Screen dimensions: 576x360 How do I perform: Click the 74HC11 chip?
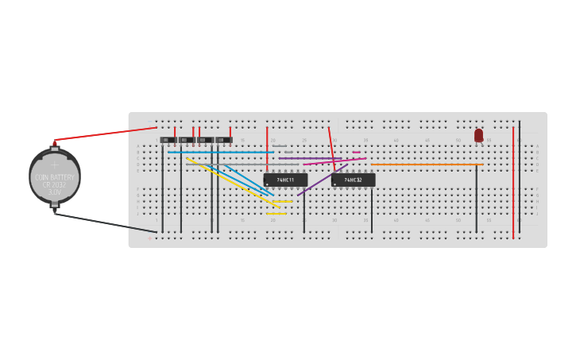pos(285,180)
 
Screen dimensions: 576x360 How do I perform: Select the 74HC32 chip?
pos(353,180)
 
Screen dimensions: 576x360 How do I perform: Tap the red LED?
pos(478,136)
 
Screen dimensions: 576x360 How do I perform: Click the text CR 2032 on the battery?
pos(54,184)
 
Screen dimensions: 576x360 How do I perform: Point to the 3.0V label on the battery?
pos(54,192)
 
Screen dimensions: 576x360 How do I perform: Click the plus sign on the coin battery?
pos(54,165)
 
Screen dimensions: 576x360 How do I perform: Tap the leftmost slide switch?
pos(168,140)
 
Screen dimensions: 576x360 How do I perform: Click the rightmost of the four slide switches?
pos(224,140)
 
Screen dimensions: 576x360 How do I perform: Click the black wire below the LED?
pos(477,199)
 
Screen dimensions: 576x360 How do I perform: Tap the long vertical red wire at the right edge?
pos(513,183)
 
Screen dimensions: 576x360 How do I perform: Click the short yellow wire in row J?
pos(276,213)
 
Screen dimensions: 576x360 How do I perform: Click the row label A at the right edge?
pos(537,146)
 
